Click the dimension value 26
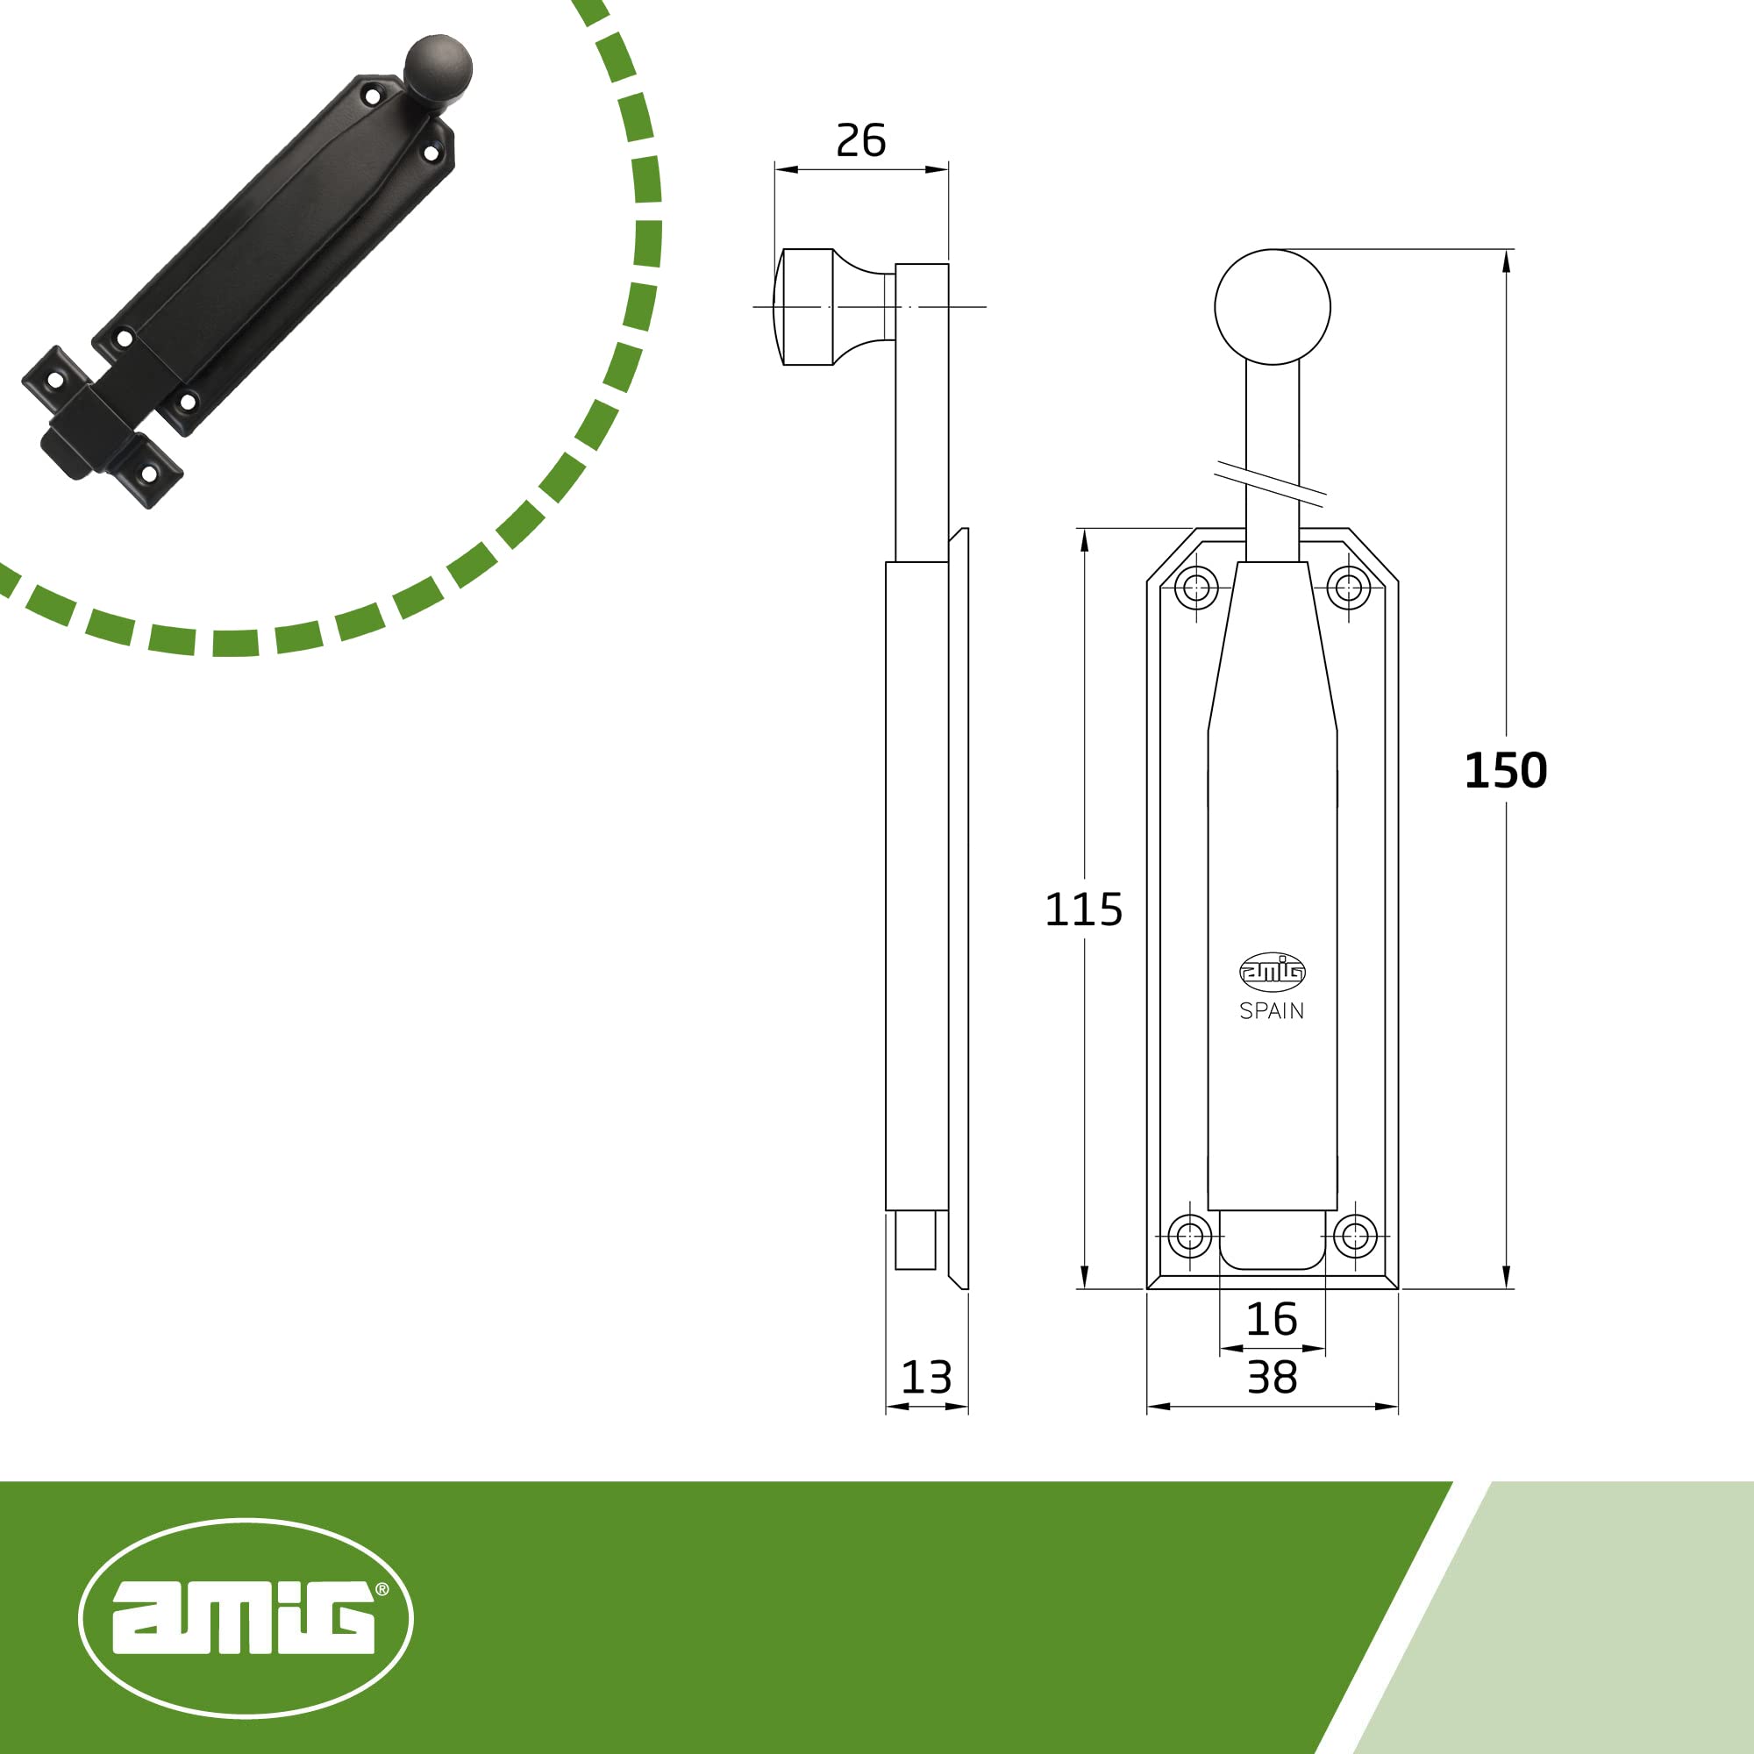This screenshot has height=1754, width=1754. click(859, 140)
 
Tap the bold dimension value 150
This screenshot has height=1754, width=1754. click(1505, 771)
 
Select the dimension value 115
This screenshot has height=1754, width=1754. click(1083, 909)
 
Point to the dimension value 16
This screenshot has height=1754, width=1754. click(1271, 1319)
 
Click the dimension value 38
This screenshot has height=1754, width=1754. click(1271, 1378)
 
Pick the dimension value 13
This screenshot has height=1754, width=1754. click(926, 1378)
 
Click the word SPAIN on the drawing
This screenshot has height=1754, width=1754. click(1271, 1010)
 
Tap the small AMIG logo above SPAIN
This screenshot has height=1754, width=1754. click(1272, 972)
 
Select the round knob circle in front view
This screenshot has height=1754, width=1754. click(1272, 307)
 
